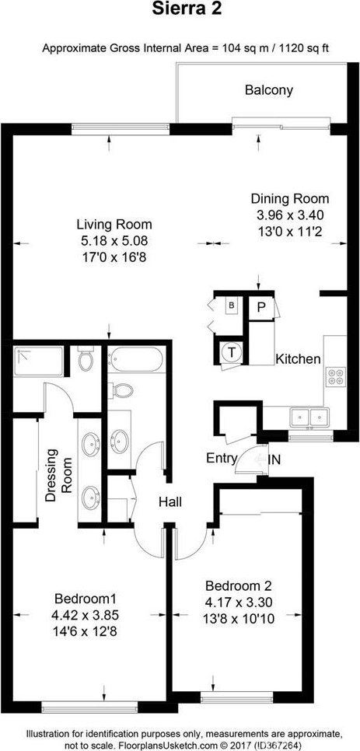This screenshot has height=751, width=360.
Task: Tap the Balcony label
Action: (x=269, y=90)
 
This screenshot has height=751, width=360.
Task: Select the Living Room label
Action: (x=115, y=224)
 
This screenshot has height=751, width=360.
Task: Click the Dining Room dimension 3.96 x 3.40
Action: (x=290, y=215)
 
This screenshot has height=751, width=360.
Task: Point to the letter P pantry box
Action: (x=261, y=308)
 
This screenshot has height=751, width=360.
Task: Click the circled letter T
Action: (x=231, y=352)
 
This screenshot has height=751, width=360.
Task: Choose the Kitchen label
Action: (x=297, y=358)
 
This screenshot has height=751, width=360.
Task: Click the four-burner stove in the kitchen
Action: (x=335, y=376)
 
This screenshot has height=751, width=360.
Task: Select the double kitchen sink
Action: (x=309, y=417)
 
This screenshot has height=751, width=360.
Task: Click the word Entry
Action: (x=222, y=459)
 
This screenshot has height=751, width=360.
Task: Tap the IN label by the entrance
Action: (x=274, y=459)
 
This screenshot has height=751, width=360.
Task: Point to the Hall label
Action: (x=170, y=502)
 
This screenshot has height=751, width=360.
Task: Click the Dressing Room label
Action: (x=58, y=474)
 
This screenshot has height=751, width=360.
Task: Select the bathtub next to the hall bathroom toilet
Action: (x=137, y=360)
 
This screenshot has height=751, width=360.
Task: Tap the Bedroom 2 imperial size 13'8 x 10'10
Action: (x=238, y=620)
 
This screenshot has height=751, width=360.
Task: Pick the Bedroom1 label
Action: (x=86, y=599)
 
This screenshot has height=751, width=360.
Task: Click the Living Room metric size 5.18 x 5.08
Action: (x=115, y=241)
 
